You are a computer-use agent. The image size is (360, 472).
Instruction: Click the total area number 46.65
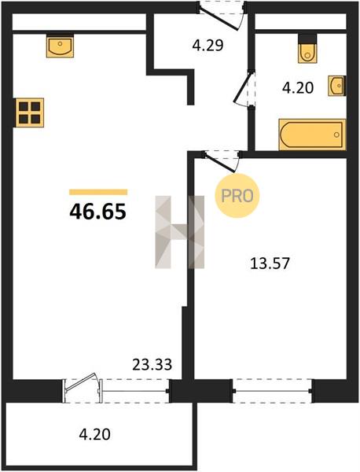coord(97,212)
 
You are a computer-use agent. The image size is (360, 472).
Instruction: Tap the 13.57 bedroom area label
coord(270,264)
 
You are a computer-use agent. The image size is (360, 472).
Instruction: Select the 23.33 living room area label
coord(152,364)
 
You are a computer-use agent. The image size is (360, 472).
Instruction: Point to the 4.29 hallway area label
coord(208,46)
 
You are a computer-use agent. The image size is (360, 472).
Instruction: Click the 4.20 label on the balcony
coord(95,434)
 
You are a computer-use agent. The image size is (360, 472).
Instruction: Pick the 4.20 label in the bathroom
coord(298,88)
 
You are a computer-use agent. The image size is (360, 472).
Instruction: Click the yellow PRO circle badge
coord(237,196)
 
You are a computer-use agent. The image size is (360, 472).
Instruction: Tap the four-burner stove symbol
coord(28,112)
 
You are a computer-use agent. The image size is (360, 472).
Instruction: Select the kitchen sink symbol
coord(60,46)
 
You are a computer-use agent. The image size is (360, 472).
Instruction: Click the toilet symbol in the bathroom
coord(307,49)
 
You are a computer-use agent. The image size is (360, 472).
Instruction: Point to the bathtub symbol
coord(312,135)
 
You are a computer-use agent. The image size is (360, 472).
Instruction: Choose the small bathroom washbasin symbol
coord(337,86)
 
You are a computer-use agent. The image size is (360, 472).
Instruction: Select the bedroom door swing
coord(221,162)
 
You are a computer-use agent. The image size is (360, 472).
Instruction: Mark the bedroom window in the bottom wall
coord(272,391)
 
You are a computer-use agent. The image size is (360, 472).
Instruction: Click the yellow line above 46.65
coord(98,192)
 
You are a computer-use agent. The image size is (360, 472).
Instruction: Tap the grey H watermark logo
coord(179,232)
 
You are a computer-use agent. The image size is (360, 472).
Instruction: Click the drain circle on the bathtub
coord(337,135)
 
